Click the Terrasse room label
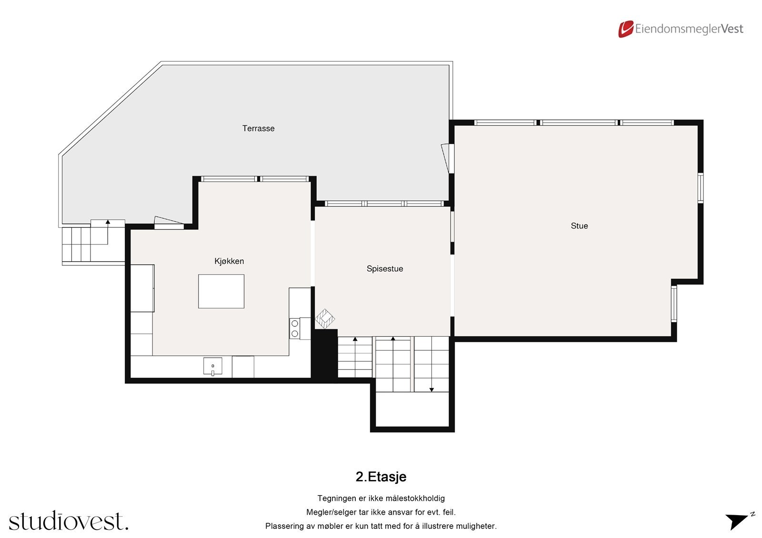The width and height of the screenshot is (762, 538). tap(258, 128)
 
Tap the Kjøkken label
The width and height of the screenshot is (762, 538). tap(229, 261)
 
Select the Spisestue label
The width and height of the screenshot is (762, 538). tap(385, 269)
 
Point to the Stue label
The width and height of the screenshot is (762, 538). tap(579, 226)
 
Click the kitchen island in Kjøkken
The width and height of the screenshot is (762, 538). tap(221, 291)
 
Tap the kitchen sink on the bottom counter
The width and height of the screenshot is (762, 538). tap(213, 366)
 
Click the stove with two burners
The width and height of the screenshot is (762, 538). tap(295, 329)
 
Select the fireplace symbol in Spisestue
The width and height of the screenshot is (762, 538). tap(325, 319)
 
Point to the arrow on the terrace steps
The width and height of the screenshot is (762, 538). tap(108, 222)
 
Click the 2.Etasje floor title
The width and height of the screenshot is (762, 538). tap(381, 477)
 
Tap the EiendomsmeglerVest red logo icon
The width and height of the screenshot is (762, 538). tap(625, 29)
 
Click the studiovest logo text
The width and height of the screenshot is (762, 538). tap(69, 521)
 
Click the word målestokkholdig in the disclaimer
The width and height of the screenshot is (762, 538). tap(415, 499)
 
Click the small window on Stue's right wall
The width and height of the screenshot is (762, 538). tap(701, 188)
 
